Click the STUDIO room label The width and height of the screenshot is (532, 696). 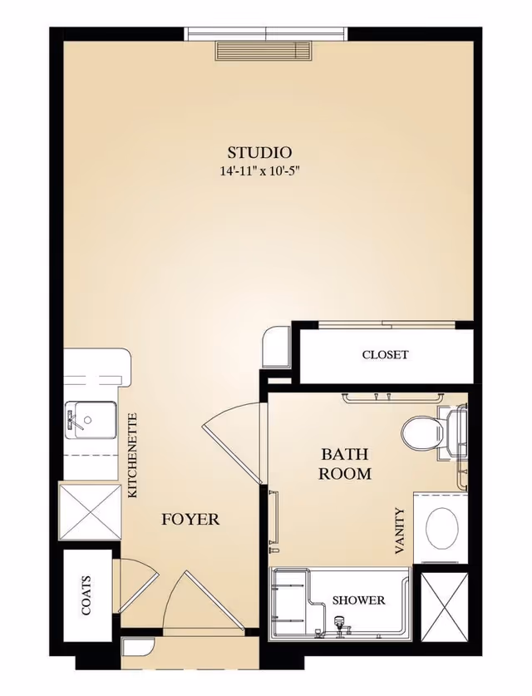coord(259,152)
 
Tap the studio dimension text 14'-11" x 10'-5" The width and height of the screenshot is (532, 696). coord(259,171)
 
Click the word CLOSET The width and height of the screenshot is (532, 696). coord(385,355)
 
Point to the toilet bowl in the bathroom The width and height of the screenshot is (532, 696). coord(419,432)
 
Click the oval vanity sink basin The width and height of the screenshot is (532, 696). coord(441,526)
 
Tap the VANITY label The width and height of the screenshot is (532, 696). coord(400,531)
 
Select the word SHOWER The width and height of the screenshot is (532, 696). coord(358,600)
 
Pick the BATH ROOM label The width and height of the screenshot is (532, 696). coord(345,464)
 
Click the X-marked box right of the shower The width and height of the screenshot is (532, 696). coord(446,610)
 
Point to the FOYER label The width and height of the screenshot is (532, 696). coord(190,520)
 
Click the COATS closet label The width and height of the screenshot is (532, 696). coord(86,596)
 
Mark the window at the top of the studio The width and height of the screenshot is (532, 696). coord(265,33)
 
